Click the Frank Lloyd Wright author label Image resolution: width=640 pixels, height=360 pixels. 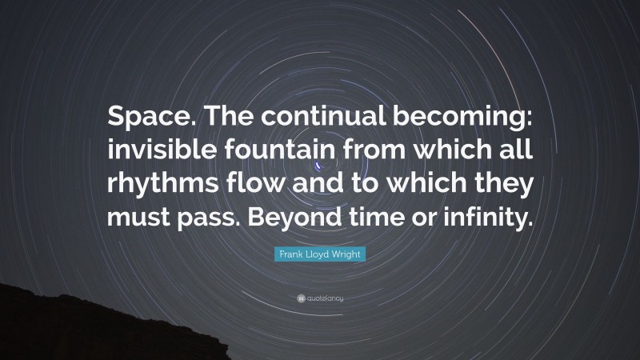click(x=319, y=253)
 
